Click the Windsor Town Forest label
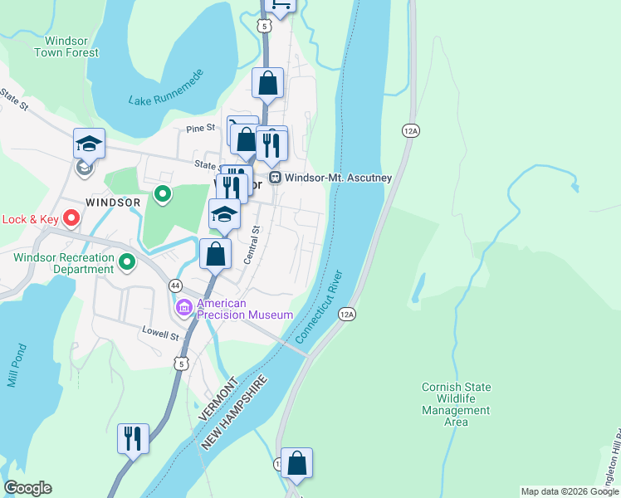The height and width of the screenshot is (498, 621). pos(66,46)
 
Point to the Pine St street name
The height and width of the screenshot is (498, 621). pos(200,129)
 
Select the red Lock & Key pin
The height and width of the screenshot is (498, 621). pos(71,219)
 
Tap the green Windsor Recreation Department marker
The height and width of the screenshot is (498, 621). pos(126,263)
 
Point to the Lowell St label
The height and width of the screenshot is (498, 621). pos(159,336)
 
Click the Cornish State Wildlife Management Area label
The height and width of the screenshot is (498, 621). pos(456,404)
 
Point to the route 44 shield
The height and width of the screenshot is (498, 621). pos(175,285)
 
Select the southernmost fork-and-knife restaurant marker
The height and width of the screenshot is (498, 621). pos(133,437)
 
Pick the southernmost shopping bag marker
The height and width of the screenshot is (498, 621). pos(296,463)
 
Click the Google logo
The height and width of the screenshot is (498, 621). pos(27,488)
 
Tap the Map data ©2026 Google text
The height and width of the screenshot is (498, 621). pos(570,491)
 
